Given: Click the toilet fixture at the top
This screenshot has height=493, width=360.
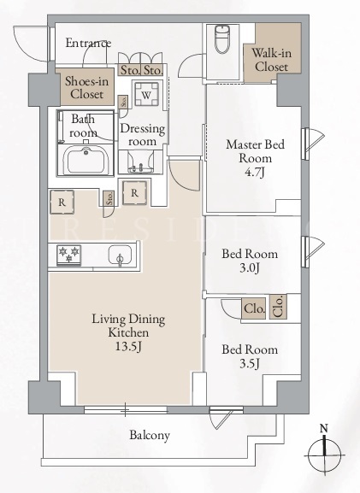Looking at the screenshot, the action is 222,38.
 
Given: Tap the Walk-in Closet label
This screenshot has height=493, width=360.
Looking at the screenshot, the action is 271,60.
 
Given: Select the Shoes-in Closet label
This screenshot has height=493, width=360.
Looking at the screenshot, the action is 86,87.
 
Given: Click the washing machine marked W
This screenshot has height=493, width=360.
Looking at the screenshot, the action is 146,94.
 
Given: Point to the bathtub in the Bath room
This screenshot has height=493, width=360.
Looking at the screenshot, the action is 86,160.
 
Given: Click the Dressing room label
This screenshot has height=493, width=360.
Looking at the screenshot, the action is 143,135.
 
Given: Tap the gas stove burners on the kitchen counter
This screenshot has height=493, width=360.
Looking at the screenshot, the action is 69,255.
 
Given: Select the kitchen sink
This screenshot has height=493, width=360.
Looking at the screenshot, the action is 120,255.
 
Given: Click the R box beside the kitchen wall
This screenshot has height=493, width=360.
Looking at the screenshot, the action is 62,202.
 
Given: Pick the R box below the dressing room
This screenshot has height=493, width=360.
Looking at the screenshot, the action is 135,193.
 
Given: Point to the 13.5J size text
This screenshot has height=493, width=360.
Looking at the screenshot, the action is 128,346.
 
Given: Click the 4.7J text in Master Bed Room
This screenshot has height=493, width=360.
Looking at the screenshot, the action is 255,172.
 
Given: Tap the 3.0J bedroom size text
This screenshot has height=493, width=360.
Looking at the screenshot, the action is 250,268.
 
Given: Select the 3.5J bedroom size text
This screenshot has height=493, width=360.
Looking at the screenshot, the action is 250,363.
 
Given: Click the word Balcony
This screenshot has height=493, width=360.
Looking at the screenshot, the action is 150,436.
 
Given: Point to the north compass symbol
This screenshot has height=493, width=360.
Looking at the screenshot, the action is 324,452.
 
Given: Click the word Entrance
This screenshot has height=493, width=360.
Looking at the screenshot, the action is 88,43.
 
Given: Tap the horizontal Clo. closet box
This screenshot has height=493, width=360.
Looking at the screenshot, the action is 254,308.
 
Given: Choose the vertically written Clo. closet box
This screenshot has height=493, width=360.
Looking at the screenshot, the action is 278,307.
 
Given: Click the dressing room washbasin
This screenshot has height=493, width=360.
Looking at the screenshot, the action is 140,162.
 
